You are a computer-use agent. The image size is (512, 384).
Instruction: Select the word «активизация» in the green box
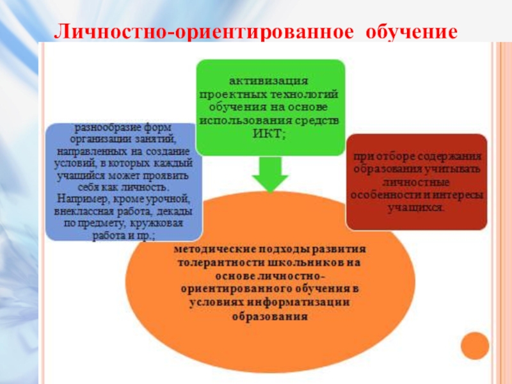point(269,81)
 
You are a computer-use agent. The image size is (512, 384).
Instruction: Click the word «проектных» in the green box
point(239,94)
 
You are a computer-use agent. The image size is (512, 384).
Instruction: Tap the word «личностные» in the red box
point(416,183)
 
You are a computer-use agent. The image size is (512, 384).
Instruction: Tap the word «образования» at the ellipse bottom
point(270,316)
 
